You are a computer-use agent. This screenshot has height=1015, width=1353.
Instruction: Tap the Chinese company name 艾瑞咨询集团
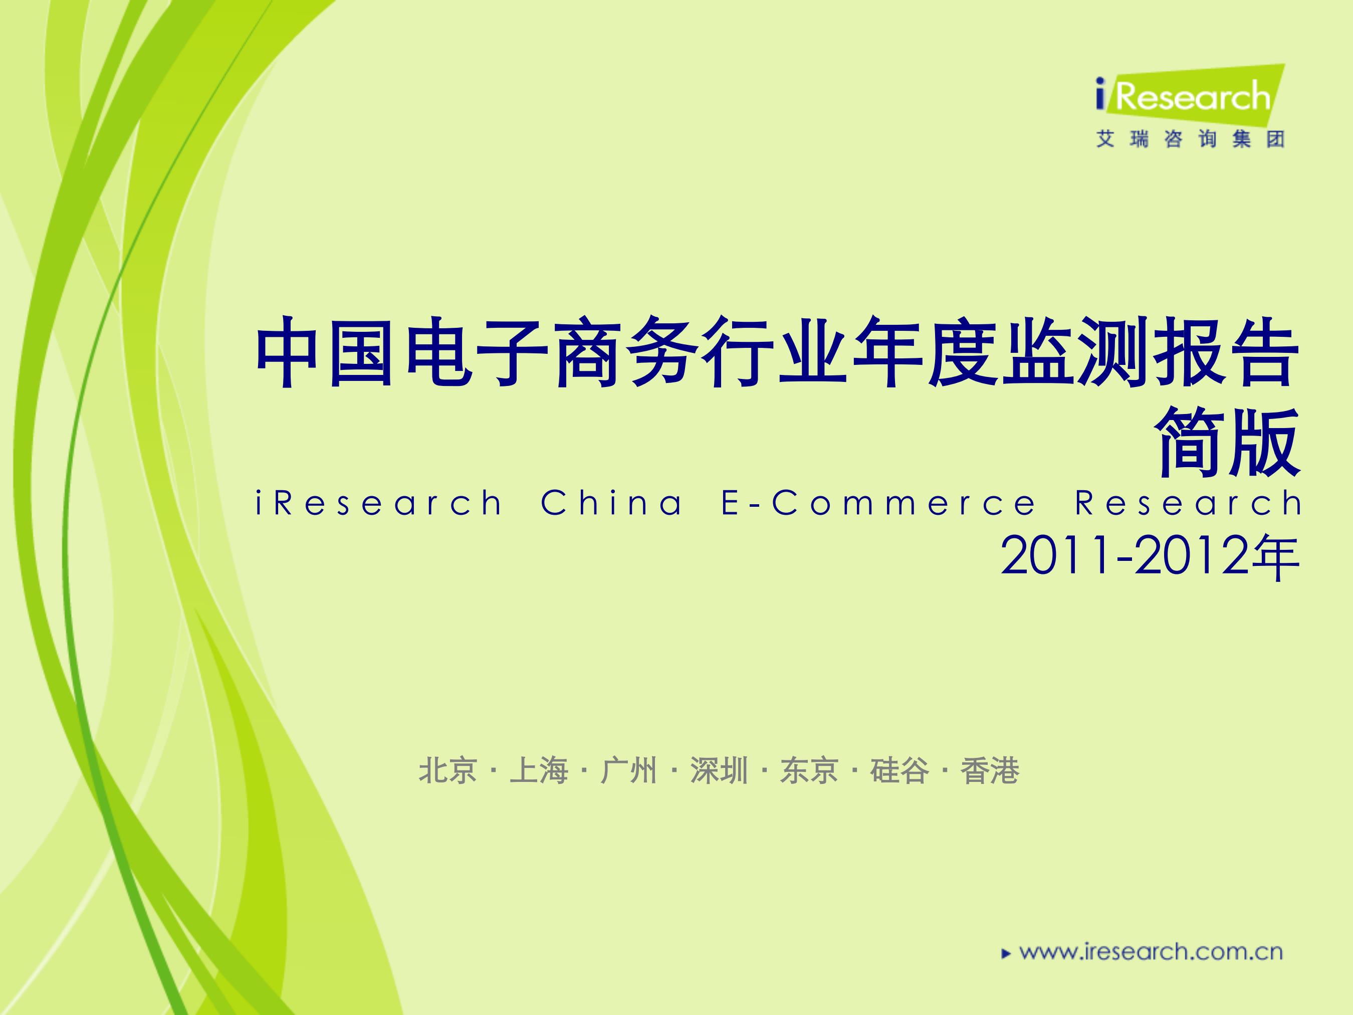click(x=1190, y=139)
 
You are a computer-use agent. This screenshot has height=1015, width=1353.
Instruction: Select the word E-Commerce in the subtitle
click(x=879, y=503)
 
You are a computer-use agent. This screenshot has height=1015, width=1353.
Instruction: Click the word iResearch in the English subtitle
click(x=379, y=503)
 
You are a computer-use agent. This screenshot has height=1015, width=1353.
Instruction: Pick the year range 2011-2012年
click(x=1150, y=557)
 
